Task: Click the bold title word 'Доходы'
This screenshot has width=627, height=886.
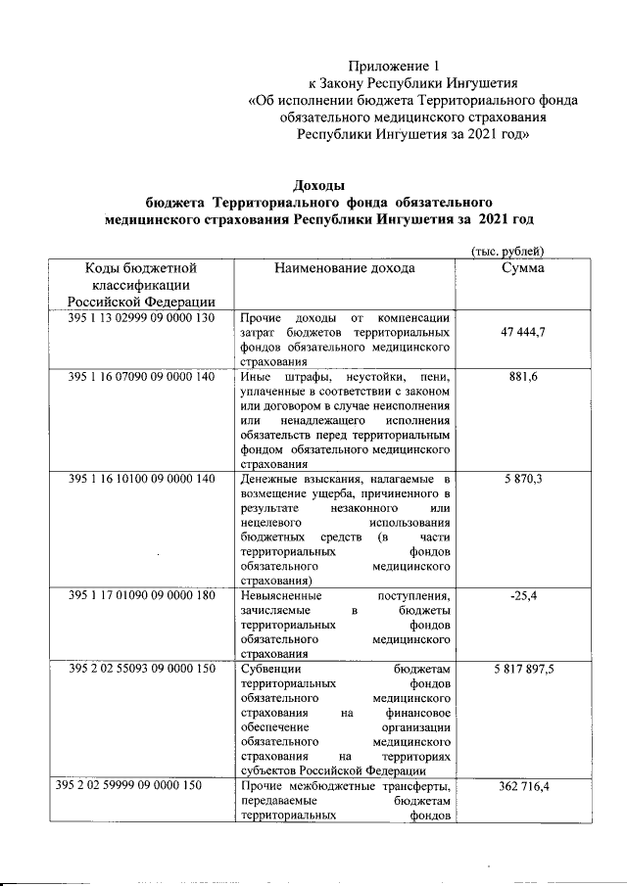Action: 319,185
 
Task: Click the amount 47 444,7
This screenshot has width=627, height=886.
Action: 522,333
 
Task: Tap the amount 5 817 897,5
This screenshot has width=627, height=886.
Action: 524,669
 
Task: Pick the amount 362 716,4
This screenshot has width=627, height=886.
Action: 522,786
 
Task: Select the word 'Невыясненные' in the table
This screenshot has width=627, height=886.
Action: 284,596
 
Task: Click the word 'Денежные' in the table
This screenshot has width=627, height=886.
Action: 266,479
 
